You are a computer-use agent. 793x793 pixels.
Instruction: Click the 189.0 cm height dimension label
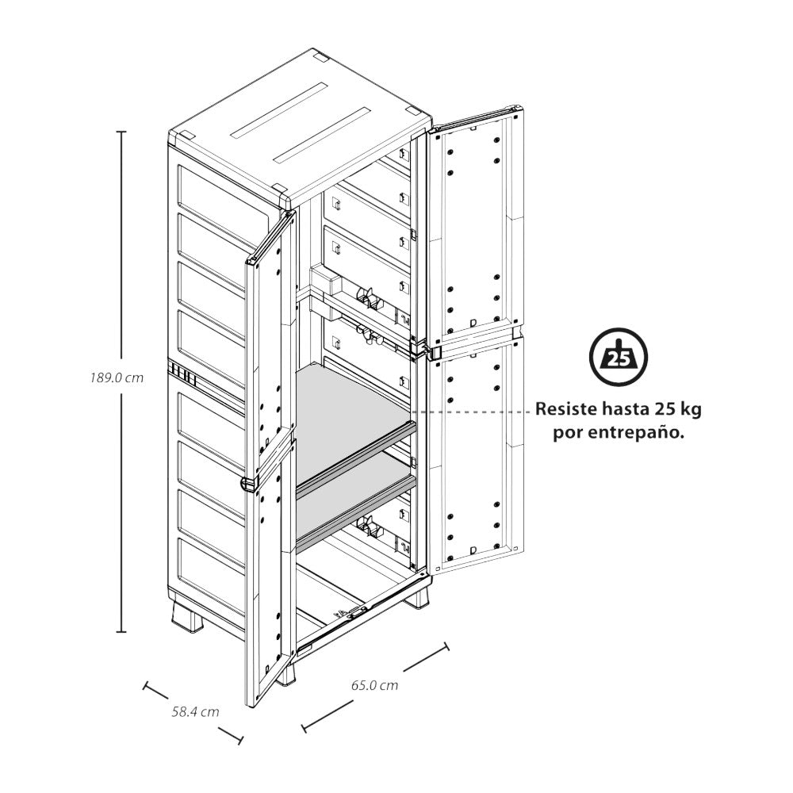pyautogui.click(x=117, y=378)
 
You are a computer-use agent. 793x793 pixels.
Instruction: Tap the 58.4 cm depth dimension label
pyautogui.click(x=195, y=711)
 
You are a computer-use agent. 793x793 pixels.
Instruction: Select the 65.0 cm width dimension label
pyautogui.click(x=374, y=685)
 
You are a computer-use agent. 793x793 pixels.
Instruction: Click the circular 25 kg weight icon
pyautogui.click(x=618, y=358)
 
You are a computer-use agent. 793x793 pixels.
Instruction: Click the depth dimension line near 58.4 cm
pyautogui.click(x=193, y=713)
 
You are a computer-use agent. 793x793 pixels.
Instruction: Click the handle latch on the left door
pyautogui.click(x=248, y=483)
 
